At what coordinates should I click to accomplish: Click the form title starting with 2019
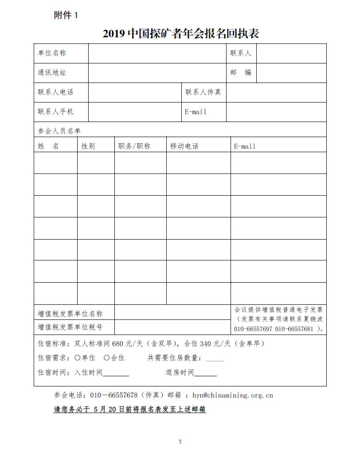point(181,33)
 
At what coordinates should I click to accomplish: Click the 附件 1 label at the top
point(66,15)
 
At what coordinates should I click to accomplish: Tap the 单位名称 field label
point(52,53)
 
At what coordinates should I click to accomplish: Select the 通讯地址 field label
point(52,73)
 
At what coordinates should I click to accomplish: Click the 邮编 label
point(241,73)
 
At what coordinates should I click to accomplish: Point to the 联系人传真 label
point(203,92)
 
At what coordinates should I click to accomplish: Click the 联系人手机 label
point(56,112)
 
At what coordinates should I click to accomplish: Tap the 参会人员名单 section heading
point(59,131)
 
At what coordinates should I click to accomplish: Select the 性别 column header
point(88,146)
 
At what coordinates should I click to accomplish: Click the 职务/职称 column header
point(134,146)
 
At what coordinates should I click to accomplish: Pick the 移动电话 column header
point(184,146)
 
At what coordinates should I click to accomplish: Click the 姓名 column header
point(48,146)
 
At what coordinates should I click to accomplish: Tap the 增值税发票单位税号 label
point(70,327)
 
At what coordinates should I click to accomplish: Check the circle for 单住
point(78,358)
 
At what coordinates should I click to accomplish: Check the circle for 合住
point(107,358)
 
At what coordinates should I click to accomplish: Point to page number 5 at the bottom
point(180,441)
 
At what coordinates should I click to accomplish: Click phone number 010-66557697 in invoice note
point(253,329)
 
